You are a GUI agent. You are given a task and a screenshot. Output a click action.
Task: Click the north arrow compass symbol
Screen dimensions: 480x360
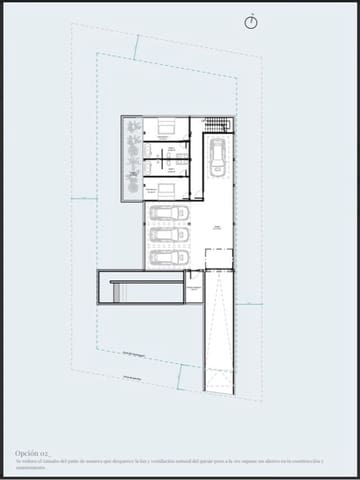(x=251, y=21)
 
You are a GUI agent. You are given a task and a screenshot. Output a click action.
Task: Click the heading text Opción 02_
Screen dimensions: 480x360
(x=34, y=452)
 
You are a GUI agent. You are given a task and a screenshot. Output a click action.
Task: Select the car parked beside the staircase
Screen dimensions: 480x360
(x=217, y=156)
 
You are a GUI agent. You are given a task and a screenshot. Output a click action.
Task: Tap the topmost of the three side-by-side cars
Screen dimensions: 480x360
(x=169, y=213)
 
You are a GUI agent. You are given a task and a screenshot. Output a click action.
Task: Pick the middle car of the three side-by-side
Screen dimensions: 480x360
(x=169, y=235)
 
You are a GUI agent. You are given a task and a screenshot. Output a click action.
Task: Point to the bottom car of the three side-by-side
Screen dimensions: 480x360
(x=169, y=257)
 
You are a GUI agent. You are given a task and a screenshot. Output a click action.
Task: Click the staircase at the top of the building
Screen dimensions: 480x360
(x=218, y=124)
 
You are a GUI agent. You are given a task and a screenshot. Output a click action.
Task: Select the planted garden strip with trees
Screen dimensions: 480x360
(x=131, y=157)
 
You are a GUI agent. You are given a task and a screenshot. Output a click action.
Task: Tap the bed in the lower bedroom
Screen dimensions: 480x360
(x=166, y=187)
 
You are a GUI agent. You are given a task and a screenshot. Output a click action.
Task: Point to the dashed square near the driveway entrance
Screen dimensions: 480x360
(x=218, y=259)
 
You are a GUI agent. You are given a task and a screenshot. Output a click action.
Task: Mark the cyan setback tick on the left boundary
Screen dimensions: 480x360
(x=85, y=198)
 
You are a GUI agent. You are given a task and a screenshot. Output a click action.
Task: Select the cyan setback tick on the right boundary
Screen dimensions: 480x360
(x=249, y=303)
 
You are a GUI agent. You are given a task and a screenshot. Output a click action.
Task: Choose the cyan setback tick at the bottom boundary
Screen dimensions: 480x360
(x=180, y=377)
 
